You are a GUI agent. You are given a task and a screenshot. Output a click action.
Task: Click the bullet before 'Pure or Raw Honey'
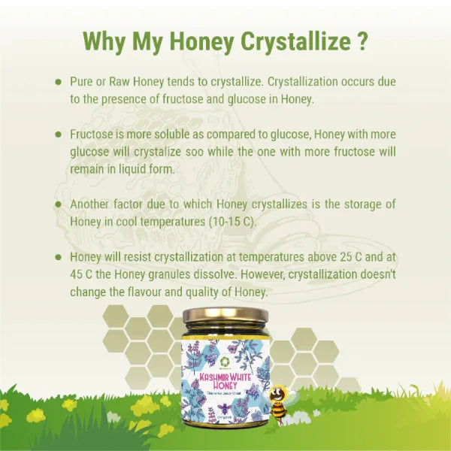[x=58, y=80]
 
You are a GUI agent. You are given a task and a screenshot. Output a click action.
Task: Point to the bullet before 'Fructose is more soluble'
[x=58, y=133]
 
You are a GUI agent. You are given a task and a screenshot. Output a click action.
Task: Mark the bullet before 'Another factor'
[x=58, y=204]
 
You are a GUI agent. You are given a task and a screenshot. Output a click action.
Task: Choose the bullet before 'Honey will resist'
[x=58, y=256]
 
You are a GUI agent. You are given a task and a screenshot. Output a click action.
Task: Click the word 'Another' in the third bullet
[x=93, y=204]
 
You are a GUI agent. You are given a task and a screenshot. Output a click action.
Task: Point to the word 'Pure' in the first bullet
[x=83, y=80]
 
